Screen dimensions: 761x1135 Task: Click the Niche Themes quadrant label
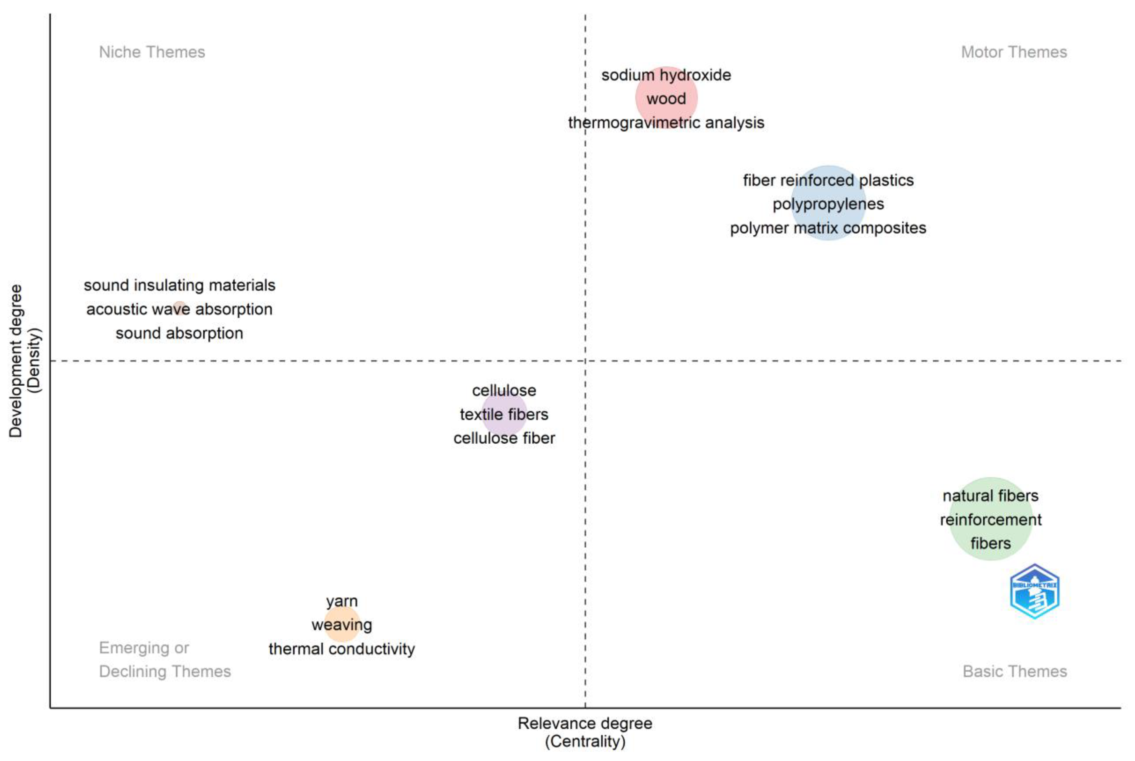click(152, 52)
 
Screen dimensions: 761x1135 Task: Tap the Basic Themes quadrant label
click(1014, 671)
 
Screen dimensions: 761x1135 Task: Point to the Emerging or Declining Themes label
click(165, 660)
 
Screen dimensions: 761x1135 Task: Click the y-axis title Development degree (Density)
click(24, 361)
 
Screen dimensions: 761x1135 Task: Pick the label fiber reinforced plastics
click(828, 180)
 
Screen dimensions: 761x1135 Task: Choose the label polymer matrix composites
click(828, 228)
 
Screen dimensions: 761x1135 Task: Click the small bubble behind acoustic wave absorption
click(180, 308)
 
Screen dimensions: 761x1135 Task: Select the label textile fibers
click(504, 414)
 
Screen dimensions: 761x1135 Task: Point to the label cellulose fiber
click(504, 438)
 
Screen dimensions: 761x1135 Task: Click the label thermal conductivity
click(342, 649)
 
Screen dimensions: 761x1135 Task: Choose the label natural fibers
click(990, 496)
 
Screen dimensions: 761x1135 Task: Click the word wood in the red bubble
click(666, 98)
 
